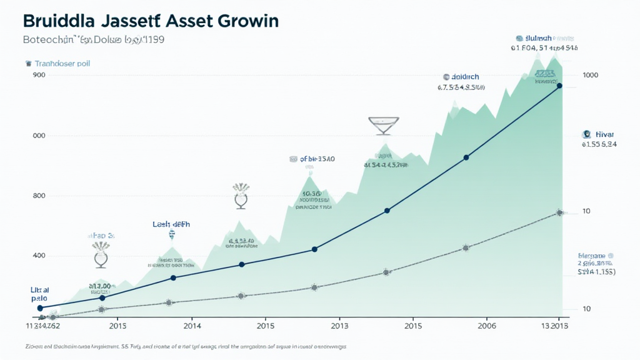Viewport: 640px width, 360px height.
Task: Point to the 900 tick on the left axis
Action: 38,75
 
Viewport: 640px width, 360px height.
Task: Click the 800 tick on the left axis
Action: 38,196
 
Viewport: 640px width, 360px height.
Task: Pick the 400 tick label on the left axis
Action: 38,256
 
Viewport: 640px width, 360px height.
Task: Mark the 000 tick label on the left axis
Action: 38,136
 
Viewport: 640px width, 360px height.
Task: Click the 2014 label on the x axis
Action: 192,326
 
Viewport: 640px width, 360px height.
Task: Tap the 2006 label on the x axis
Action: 487,326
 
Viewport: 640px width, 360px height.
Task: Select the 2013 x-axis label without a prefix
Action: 339,326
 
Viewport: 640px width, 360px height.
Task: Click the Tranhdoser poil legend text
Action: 62,63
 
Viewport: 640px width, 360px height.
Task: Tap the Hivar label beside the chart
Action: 605,134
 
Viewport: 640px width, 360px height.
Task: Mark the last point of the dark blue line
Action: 559,86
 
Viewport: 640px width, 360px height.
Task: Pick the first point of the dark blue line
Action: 40,307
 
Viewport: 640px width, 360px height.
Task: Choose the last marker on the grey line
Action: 559,213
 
